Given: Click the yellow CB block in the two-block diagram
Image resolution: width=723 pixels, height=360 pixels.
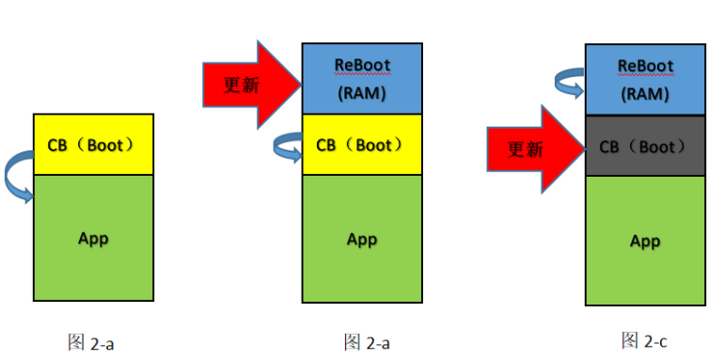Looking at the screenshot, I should click(93, 145).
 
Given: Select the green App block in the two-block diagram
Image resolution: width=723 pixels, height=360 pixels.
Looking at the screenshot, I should click(93, 238).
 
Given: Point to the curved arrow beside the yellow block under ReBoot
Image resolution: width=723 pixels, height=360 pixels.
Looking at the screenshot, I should click(287, 146).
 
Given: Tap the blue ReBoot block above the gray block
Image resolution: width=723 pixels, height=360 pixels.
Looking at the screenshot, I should click(645, 80).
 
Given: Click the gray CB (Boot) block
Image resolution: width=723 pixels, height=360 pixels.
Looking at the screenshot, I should click(645, 147).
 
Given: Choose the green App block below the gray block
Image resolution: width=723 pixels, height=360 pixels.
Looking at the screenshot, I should click(645, 241).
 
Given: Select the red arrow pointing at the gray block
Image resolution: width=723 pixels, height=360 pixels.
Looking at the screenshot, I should click(533, 149).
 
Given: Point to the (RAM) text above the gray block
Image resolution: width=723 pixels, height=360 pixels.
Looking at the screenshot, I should click(645, 94).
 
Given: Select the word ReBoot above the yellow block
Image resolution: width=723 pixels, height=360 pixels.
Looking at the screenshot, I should click(362, 65).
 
